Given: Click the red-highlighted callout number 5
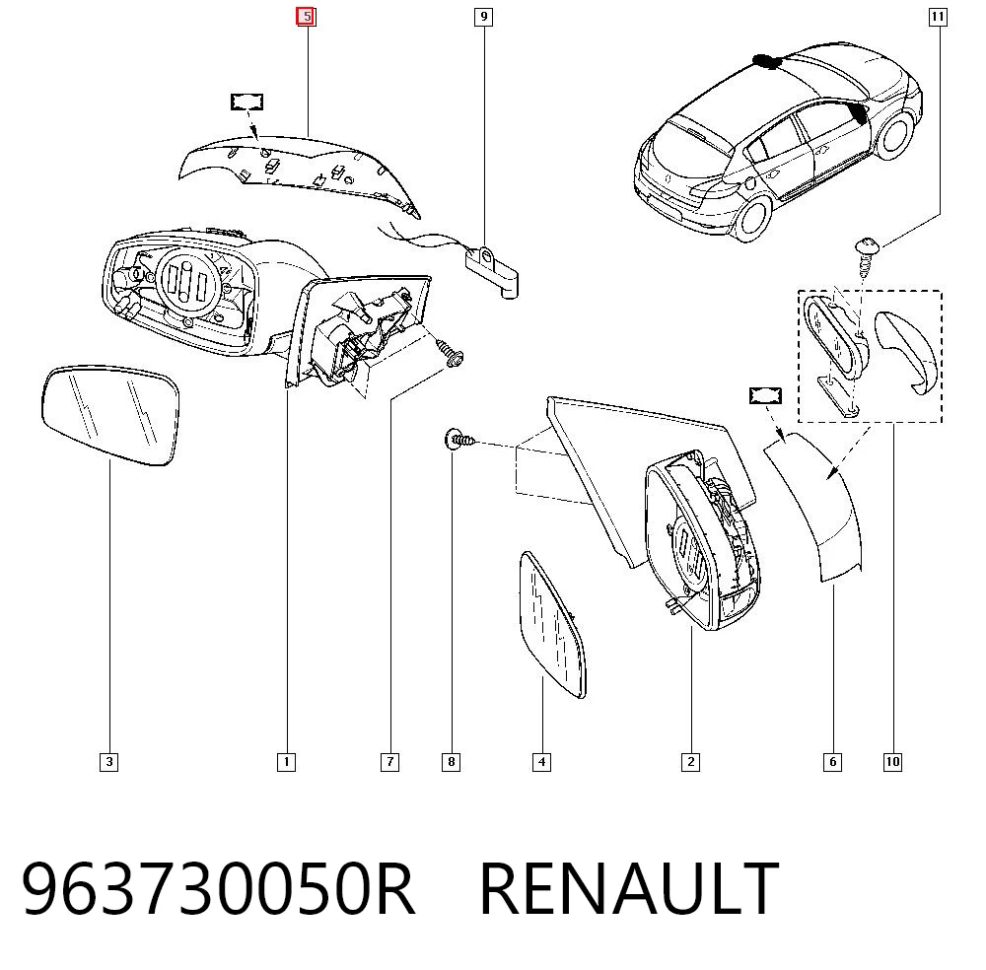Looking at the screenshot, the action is click(307, 17).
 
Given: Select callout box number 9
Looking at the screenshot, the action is click(483, 17).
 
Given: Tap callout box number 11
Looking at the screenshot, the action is click(938, 17).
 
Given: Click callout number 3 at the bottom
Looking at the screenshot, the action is click(109, 762).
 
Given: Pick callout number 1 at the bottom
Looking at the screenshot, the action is click(286, 762).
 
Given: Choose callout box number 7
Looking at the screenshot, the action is click(389, 762).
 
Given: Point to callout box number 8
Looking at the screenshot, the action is click(451, 762).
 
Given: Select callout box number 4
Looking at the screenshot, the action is click(542, 762).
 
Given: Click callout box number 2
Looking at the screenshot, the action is click(690, 762).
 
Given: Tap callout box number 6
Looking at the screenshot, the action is click(832, 762).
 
